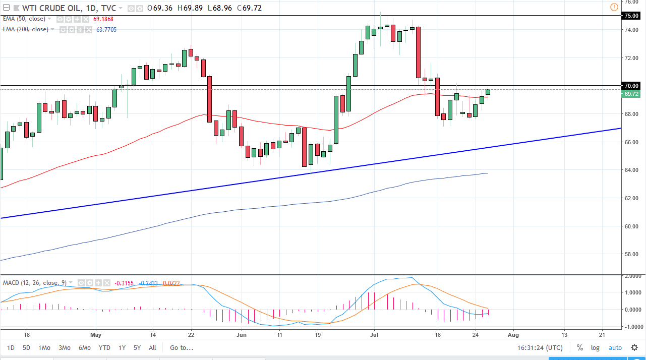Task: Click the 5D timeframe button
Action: (26, 347)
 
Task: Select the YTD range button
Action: (104, 347)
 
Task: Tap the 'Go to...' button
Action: (182, 347)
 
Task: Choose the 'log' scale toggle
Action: (596, 347)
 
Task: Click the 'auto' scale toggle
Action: (615, 347)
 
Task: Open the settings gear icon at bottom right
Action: (634, 347)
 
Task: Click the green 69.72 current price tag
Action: (631, 94)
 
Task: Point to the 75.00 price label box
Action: (631, 16)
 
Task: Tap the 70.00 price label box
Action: (631, 86)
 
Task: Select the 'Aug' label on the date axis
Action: (513, 334)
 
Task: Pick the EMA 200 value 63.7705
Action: (106, 29)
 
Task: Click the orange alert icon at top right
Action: (614, 7)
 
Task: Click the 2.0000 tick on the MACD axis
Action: (634, 277)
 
